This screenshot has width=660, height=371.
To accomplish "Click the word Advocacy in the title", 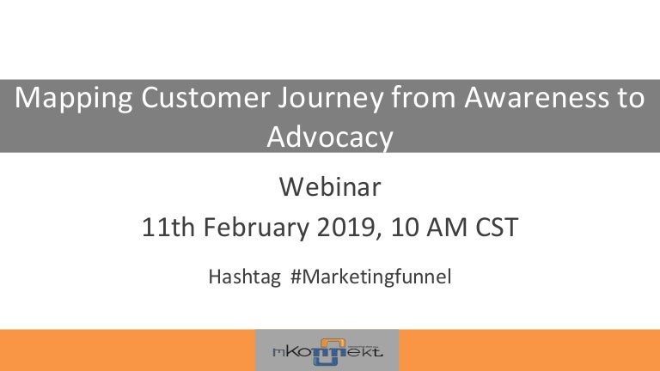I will pos(330,137).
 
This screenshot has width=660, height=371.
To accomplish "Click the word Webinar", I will pos(330,185).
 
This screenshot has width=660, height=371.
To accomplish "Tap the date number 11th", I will pos(161,228).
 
